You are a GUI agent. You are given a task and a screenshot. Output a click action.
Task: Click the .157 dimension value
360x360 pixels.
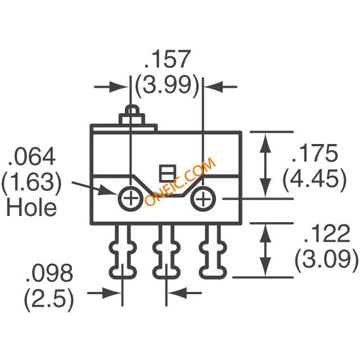tap(168, 58)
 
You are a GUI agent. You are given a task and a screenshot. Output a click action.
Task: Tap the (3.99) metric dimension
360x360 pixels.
tap(167, 86)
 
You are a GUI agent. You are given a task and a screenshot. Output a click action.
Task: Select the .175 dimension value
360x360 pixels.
tap(315, 152)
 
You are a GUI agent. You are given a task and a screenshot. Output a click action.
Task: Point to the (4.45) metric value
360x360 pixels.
tap(314, 180)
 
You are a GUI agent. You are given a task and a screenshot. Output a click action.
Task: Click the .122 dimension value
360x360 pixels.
tap(327, 233)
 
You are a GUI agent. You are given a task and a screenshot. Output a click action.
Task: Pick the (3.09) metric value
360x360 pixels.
tap(326, 260)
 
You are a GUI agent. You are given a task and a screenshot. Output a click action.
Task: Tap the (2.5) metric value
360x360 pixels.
tap(49, 300)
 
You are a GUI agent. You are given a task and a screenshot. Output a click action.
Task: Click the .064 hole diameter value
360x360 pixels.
tap(31, 156)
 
